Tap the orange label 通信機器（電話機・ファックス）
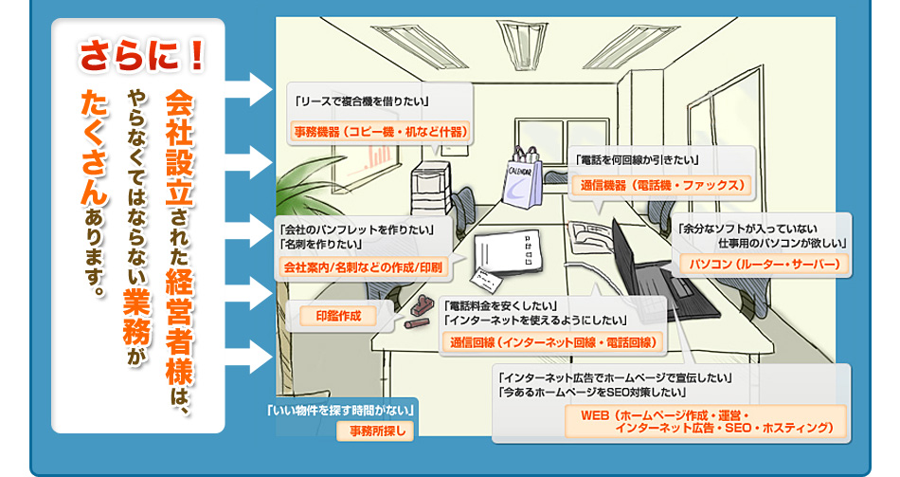661,184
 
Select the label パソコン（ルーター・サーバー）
765,264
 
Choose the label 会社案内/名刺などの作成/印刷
363,268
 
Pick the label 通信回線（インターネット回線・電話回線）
554,341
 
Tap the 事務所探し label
377,432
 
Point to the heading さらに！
142,57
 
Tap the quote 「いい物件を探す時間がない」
341,411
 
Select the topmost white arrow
250,90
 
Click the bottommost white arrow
250,358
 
